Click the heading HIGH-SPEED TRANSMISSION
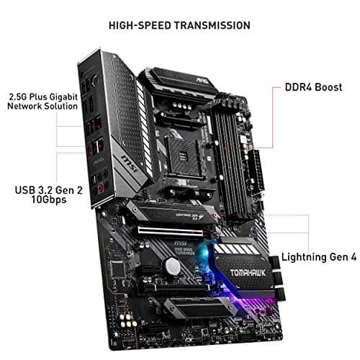point(179,25)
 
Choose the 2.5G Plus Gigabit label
point(41,95)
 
